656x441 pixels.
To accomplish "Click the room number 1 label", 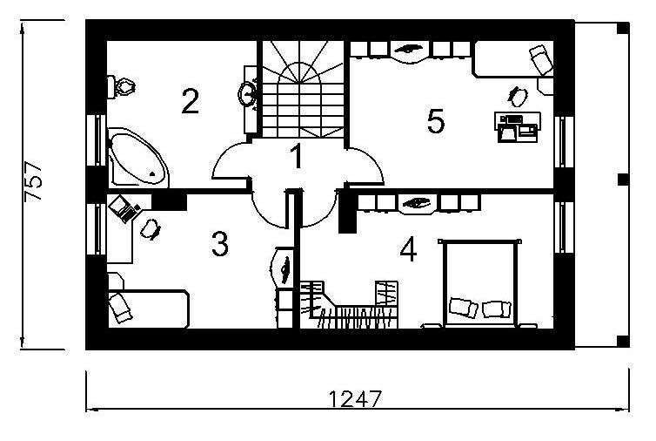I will pos(297,158).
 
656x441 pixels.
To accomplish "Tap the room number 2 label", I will pos(191,101).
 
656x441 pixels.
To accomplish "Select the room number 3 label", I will pos(220,245).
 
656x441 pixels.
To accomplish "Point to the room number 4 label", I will pos(407,249).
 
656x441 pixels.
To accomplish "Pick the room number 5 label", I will pos(436,121).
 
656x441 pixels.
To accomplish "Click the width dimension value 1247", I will pos(356,398).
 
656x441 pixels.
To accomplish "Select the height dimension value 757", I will pos(34,181).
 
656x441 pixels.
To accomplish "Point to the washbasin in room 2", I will pos(248,92).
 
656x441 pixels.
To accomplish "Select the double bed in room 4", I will pos(481,284).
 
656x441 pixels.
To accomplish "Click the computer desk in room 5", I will pos(518,126).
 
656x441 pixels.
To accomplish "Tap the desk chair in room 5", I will pos(518,94).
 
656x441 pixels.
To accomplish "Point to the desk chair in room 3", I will pos(151,229).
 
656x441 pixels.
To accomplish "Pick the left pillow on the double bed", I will pos(462,308).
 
